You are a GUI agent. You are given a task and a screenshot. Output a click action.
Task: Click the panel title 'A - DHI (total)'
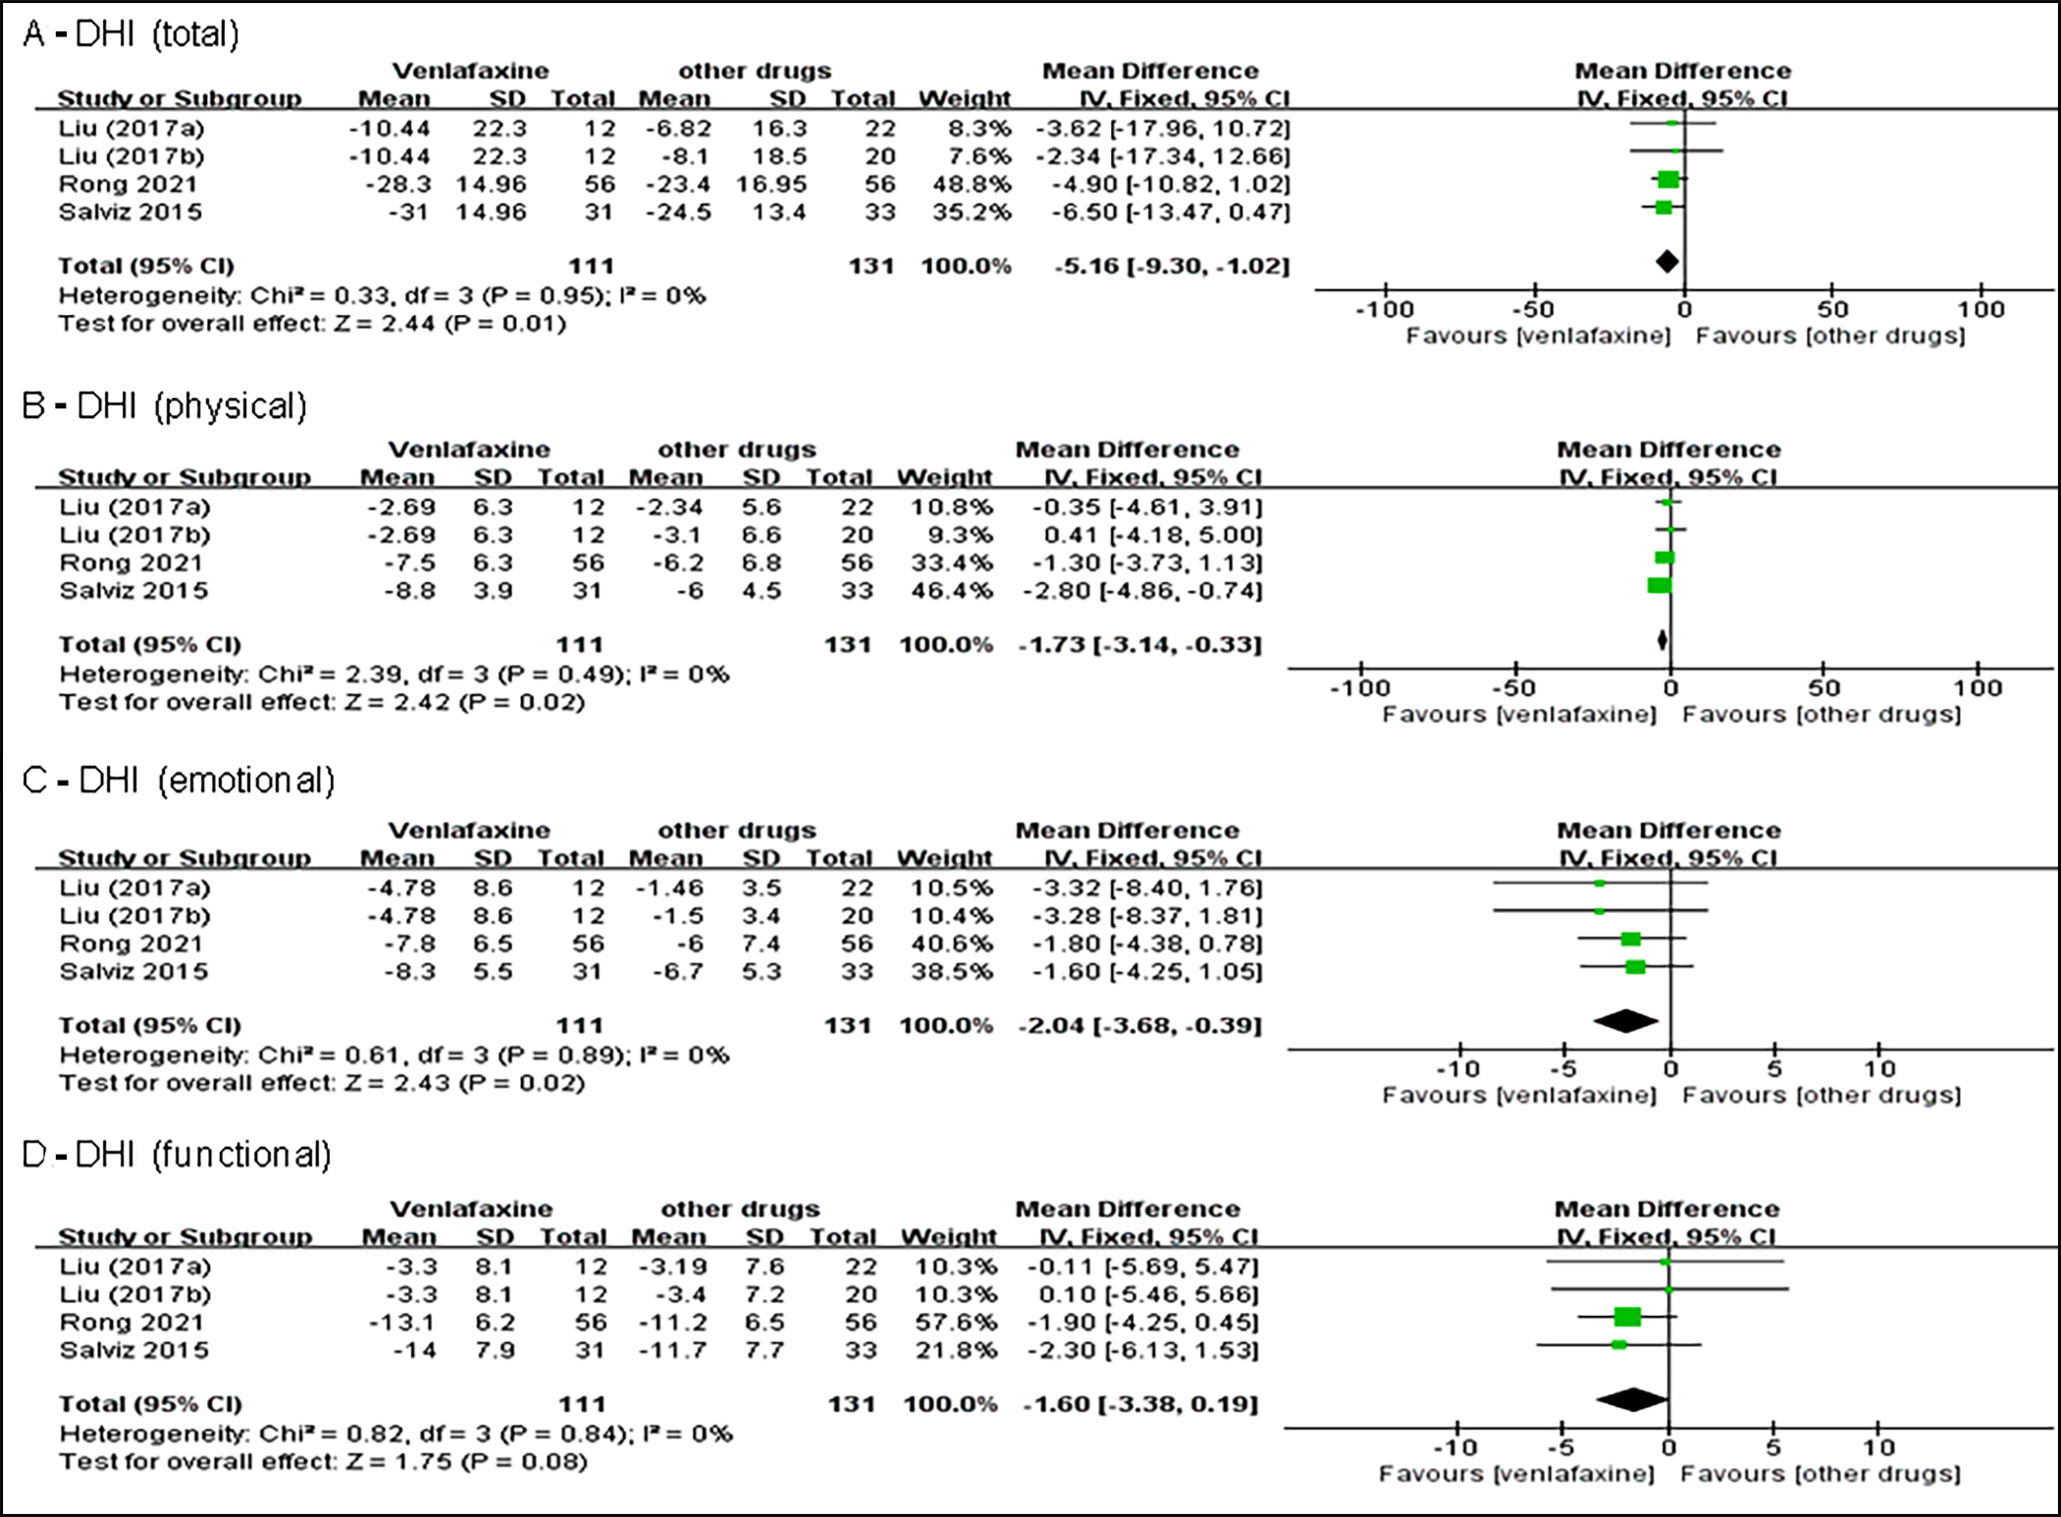click(131, 34)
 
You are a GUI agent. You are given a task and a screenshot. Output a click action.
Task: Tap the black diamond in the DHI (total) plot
click(1666, 261)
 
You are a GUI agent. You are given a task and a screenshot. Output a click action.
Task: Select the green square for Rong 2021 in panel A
click(1667, 179)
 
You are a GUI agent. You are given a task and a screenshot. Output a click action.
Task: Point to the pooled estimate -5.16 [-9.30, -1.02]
click(1171, 266)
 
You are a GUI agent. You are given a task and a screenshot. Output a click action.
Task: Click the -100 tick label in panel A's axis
click(1384, 310)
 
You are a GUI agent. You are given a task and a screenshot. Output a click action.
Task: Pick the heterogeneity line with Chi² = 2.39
click(393, 675)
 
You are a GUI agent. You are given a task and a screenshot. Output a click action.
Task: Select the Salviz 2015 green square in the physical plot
click(1659, 585)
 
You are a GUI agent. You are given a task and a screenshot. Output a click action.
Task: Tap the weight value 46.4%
click(951, 591)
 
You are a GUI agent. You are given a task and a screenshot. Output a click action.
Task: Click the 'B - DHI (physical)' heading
click(164, 406)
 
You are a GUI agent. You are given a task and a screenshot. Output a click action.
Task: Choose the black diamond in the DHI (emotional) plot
click(1625, 1021)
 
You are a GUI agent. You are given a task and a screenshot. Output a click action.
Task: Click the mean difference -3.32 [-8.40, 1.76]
click(1146, 888)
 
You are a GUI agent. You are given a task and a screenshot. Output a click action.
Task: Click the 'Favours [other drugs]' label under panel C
click(1822, 1096)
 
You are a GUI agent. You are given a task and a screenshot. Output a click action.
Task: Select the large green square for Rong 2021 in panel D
click(1627, 1317)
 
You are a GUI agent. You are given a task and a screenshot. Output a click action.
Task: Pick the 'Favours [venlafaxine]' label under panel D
click(1516, 1474)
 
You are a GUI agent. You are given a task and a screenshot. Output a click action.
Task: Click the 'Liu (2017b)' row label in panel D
click(134, 1294)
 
